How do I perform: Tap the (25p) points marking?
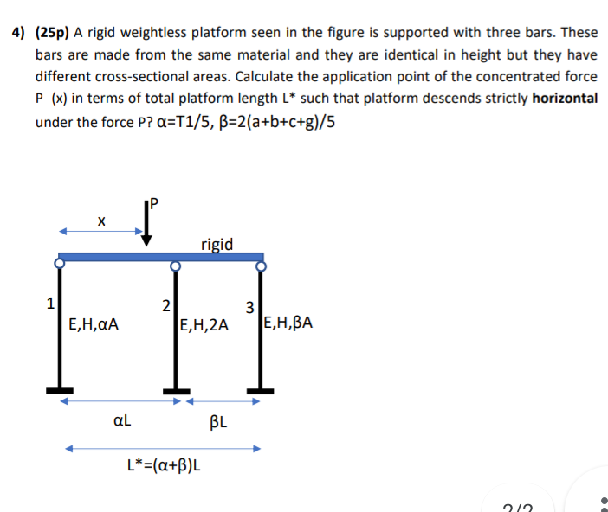coord(52,33)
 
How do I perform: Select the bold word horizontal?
coord(565,98)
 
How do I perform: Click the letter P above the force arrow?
coord(155,203)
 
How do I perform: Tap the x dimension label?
coord(101,221)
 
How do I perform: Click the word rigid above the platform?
coord(216,244)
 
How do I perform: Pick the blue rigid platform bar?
coord(161,257)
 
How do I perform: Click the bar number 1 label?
coord(50,303)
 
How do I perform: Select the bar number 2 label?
coord(165,304)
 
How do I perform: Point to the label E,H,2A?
coord(204,325)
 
